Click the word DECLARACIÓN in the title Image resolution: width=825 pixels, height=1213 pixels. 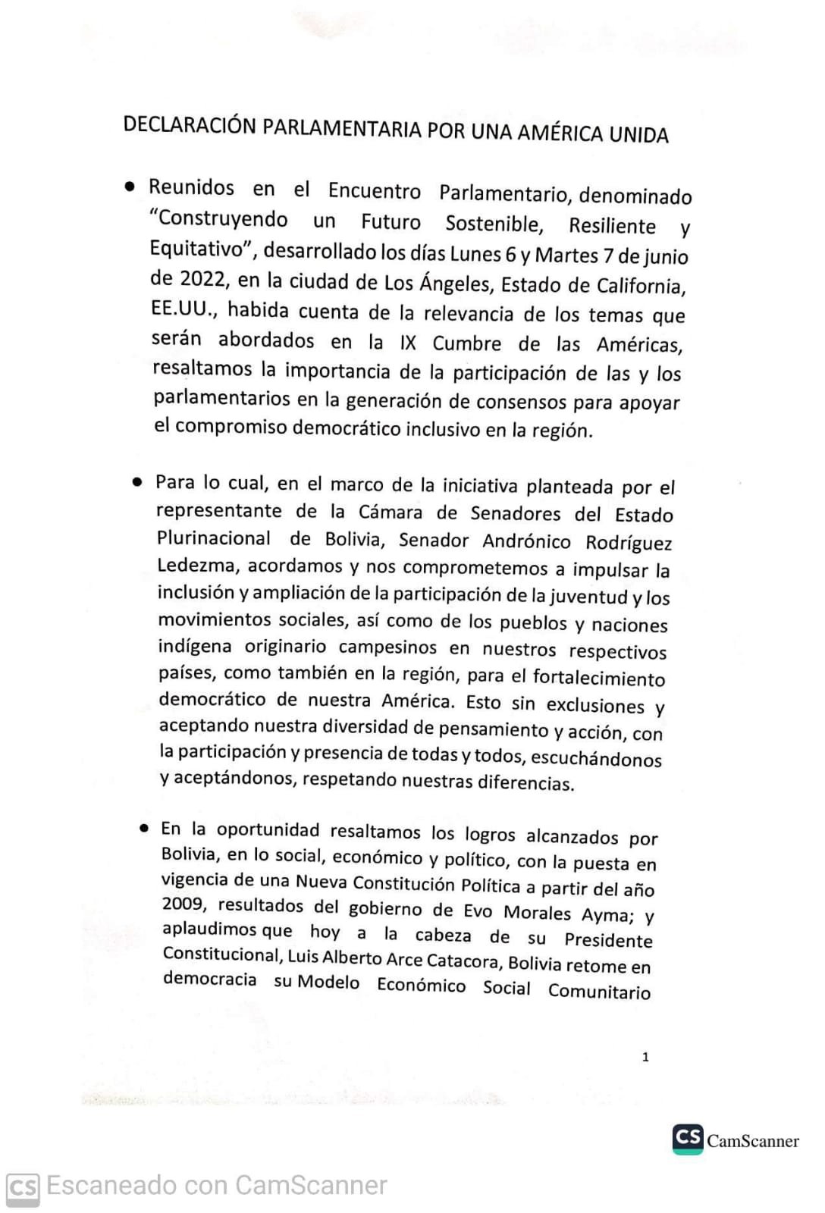point(190,126)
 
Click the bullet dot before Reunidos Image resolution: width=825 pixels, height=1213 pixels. point(131,186)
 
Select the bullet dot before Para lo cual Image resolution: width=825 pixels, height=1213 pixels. point(137,481)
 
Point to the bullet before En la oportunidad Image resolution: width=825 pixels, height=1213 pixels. point(144,828)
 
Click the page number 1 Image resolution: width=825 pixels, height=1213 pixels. point(645,1057)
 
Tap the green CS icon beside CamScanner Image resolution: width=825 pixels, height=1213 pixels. point(688,1139)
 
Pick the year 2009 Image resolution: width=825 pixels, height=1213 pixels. point(183,904)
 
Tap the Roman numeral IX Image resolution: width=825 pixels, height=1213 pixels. point(408,343)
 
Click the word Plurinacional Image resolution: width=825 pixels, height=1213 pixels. point(214,538)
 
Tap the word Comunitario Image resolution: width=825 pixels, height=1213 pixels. point(599,992)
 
